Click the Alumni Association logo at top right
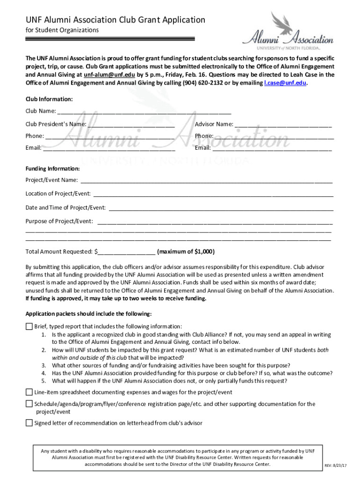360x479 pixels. [x=288, y=31]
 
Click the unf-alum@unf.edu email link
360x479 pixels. [x=109, y=75]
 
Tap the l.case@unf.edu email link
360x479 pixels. [x=285, y=83]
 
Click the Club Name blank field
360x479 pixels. [x=144, y=112]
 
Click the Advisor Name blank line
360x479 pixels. [x=283, y=124]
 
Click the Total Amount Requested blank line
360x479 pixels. [x=127, y=252]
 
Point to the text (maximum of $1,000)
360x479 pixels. [x=186, y=252]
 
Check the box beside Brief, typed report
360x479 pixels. [x=29, y=327]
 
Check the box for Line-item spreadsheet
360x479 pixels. [x=29, y=392]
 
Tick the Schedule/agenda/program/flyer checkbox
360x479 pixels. [x=29, y=404]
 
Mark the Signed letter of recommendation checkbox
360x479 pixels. [x=29, y=423]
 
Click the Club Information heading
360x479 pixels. [x=49, y=99]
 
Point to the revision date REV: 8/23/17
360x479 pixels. [x=337, y=466]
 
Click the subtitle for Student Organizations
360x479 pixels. [x=62, y=30]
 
